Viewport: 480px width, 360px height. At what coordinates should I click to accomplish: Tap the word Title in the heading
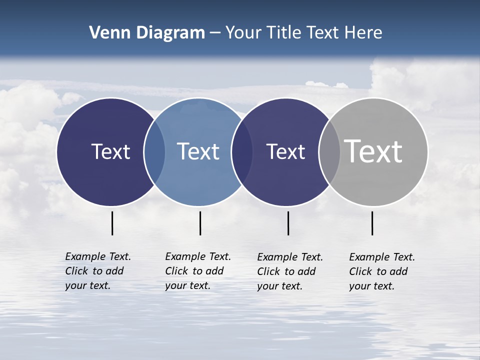pos(285,33)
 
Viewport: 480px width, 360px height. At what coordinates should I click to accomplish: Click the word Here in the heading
pos(363,33)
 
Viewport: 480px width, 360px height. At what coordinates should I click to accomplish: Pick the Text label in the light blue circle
pos(198,151)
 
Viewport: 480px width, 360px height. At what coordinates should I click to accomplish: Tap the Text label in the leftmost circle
pos(110,151)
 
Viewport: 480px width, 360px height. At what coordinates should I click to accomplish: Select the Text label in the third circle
pos(285,151)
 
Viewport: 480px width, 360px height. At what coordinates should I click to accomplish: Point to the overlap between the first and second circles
pos(154,151)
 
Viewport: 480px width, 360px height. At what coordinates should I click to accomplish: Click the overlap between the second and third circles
pos(242,151)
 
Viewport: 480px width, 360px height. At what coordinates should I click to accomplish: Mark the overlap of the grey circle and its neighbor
pos(329,151)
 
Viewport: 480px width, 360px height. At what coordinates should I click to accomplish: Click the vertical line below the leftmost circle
pos(112,223)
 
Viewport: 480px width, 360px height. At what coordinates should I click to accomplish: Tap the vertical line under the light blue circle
pos(200,223)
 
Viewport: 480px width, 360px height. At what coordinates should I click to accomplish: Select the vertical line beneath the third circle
pos(288,223)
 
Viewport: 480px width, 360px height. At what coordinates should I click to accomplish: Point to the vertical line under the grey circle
pos(372,223)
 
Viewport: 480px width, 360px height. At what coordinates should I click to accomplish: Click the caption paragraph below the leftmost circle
pos(97,271)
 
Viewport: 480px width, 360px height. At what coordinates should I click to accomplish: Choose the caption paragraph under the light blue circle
pos(197,271)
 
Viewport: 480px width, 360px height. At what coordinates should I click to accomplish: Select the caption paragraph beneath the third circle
pos(289,271)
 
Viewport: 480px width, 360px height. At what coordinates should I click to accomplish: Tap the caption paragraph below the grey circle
pos(381,271)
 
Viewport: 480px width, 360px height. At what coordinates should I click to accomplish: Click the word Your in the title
pos(243,33)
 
